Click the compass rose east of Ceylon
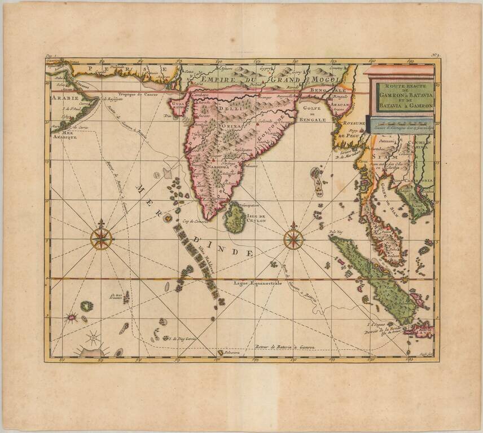pos(293,238)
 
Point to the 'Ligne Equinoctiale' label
pos(257,283)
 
